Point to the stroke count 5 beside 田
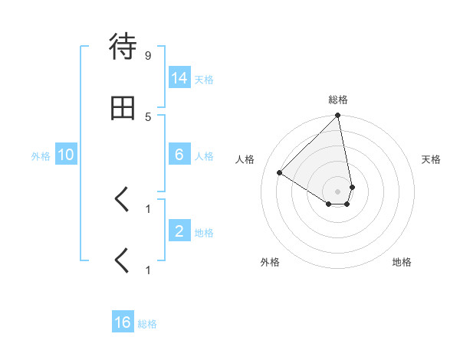[x=148, y=116]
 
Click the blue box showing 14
[x=180, y=78]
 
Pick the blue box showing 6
[x=179, y=155]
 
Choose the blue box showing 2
[x=179, y=231]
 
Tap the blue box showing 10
[x=66, y=155]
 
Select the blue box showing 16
[x=123, y=322]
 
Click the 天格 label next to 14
[x=204, y=80]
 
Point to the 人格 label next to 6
[x=204, y=156]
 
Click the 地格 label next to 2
[x=204, y=233]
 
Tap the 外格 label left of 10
[x=41, y=156]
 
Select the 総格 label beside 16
[x=147, y=324]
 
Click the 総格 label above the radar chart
[x=338, y=100]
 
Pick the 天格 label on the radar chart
[x=431, y=159]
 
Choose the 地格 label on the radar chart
[x=402, y=262]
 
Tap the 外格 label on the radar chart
[x=270, y=262]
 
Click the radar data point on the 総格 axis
[x=338, y=116]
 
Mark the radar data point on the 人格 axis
[x=280, y=172]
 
